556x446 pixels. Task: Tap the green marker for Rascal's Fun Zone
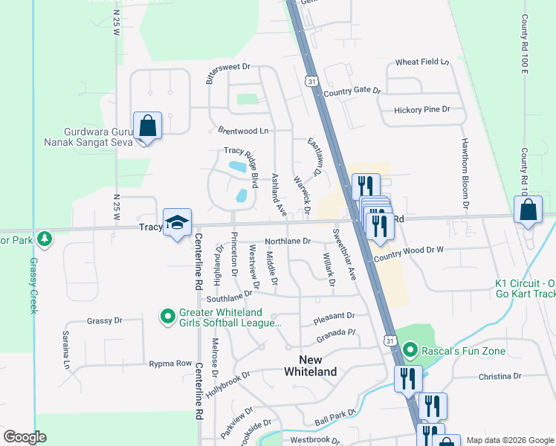click(409, 349)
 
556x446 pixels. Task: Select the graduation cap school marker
click(178, 222)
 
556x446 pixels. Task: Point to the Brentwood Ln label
click(243, 131)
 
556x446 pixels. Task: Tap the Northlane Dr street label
click(287, 241)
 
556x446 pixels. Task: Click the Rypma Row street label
click(170, 363)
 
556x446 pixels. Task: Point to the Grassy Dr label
click(104, 321)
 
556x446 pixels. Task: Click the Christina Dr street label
click(500, 377)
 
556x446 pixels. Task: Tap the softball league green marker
click(168, 317)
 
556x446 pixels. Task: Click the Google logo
click(25, 436)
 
